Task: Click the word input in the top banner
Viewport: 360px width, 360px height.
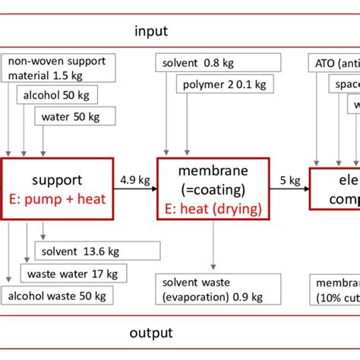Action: pyautogui.click(x=151, y=31)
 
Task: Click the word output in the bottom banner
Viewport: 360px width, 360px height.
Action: pyautogui.click(x=151, y=333)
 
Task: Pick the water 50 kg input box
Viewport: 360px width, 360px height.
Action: pyautogui.click(x=74, y=116)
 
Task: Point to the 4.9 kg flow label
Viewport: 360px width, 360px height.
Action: pyautogui.click(x=134, y=181)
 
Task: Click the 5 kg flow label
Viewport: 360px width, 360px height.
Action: pyautogui.click(x=289, y=181)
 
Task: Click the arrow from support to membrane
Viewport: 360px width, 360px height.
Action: pyautogui.click(x=134, y=191)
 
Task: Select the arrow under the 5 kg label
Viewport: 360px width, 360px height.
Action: pyautogui.click(x=289, y=191)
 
